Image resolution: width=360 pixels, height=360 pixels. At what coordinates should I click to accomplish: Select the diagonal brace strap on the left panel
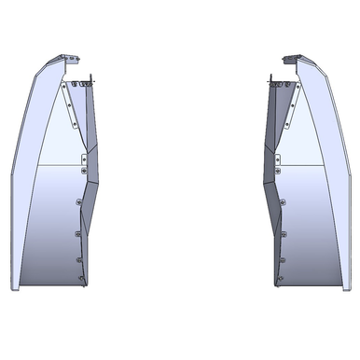click(x=72, y=103)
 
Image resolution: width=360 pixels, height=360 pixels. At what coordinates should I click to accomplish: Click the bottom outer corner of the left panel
click(x=12, y=286)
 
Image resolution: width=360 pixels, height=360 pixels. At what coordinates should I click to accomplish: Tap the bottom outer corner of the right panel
click(x=348, y=286)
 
